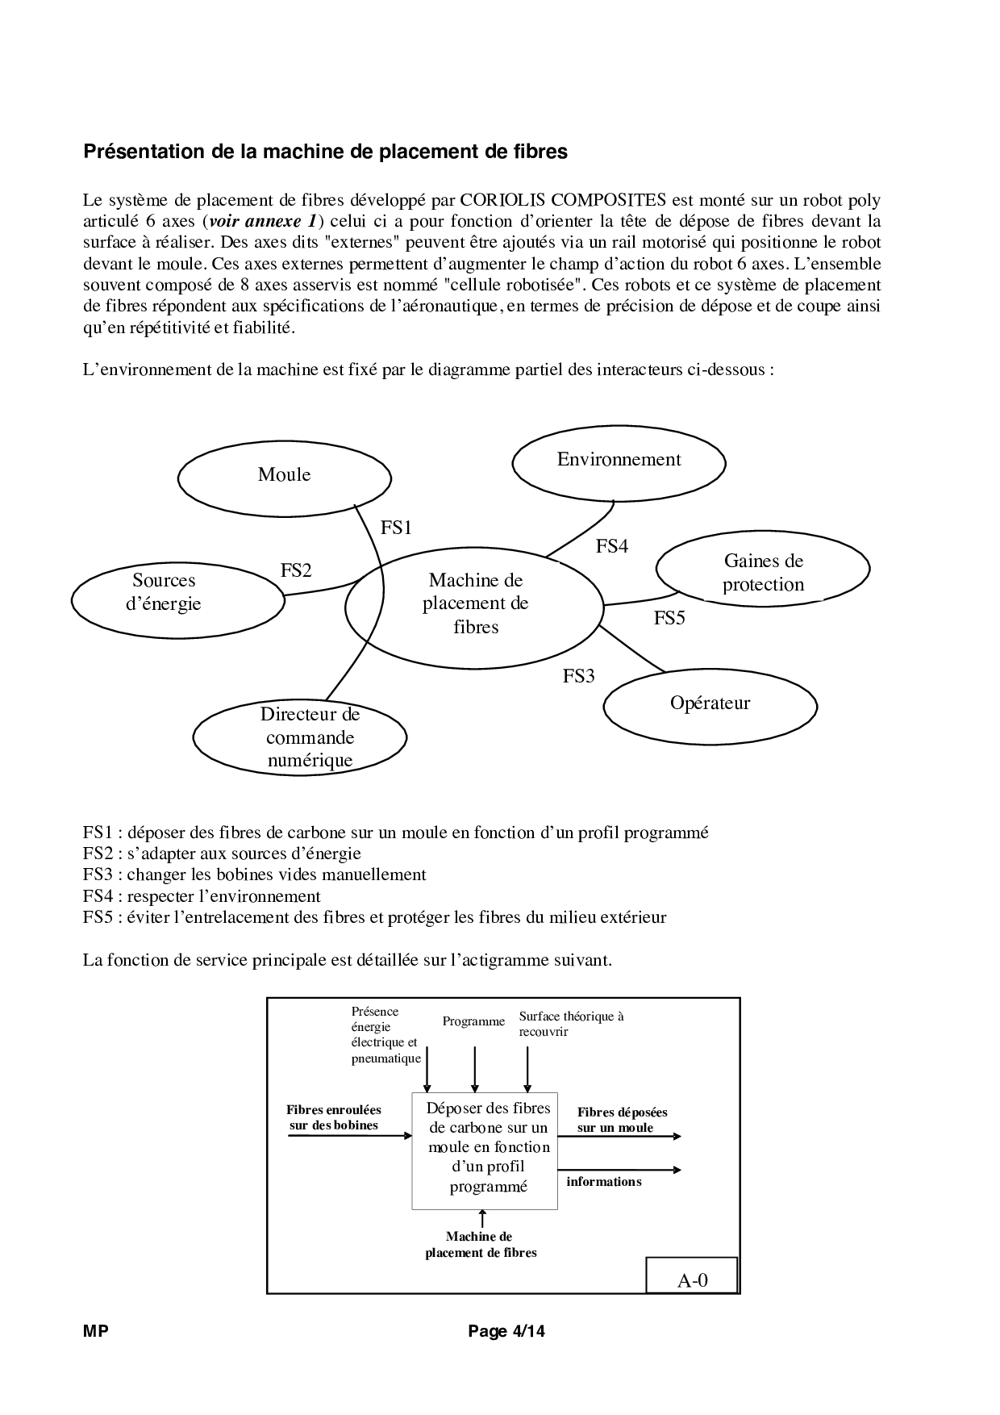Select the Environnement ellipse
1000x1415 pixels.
click(619, 462)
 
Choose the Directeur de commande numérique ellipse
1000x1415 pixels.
click(299, 737)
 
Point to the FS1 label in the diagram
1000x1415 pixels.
click(396, 528)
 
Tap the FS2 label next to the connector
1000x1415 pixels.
click(296, 570)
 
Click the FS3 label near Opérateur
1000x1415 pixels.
click(578, 676)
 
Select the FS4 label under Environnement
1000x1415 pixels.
click(611, 546)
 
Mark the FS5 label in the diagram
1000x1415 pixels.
click(669, 618)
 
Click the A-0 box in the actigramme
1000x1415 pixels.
click(692, 1280)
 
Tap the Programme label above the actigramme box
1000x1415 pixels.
click(473, 1021)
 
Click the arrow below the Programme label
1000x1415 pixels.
click(475, 1069)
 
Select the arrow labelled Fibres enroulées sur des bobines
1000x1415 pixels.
click(350, 1136)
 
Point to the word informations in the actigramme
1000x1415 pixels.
click(603, 1181)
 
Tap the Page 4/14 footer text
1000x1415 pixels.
click(506, 1332)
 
